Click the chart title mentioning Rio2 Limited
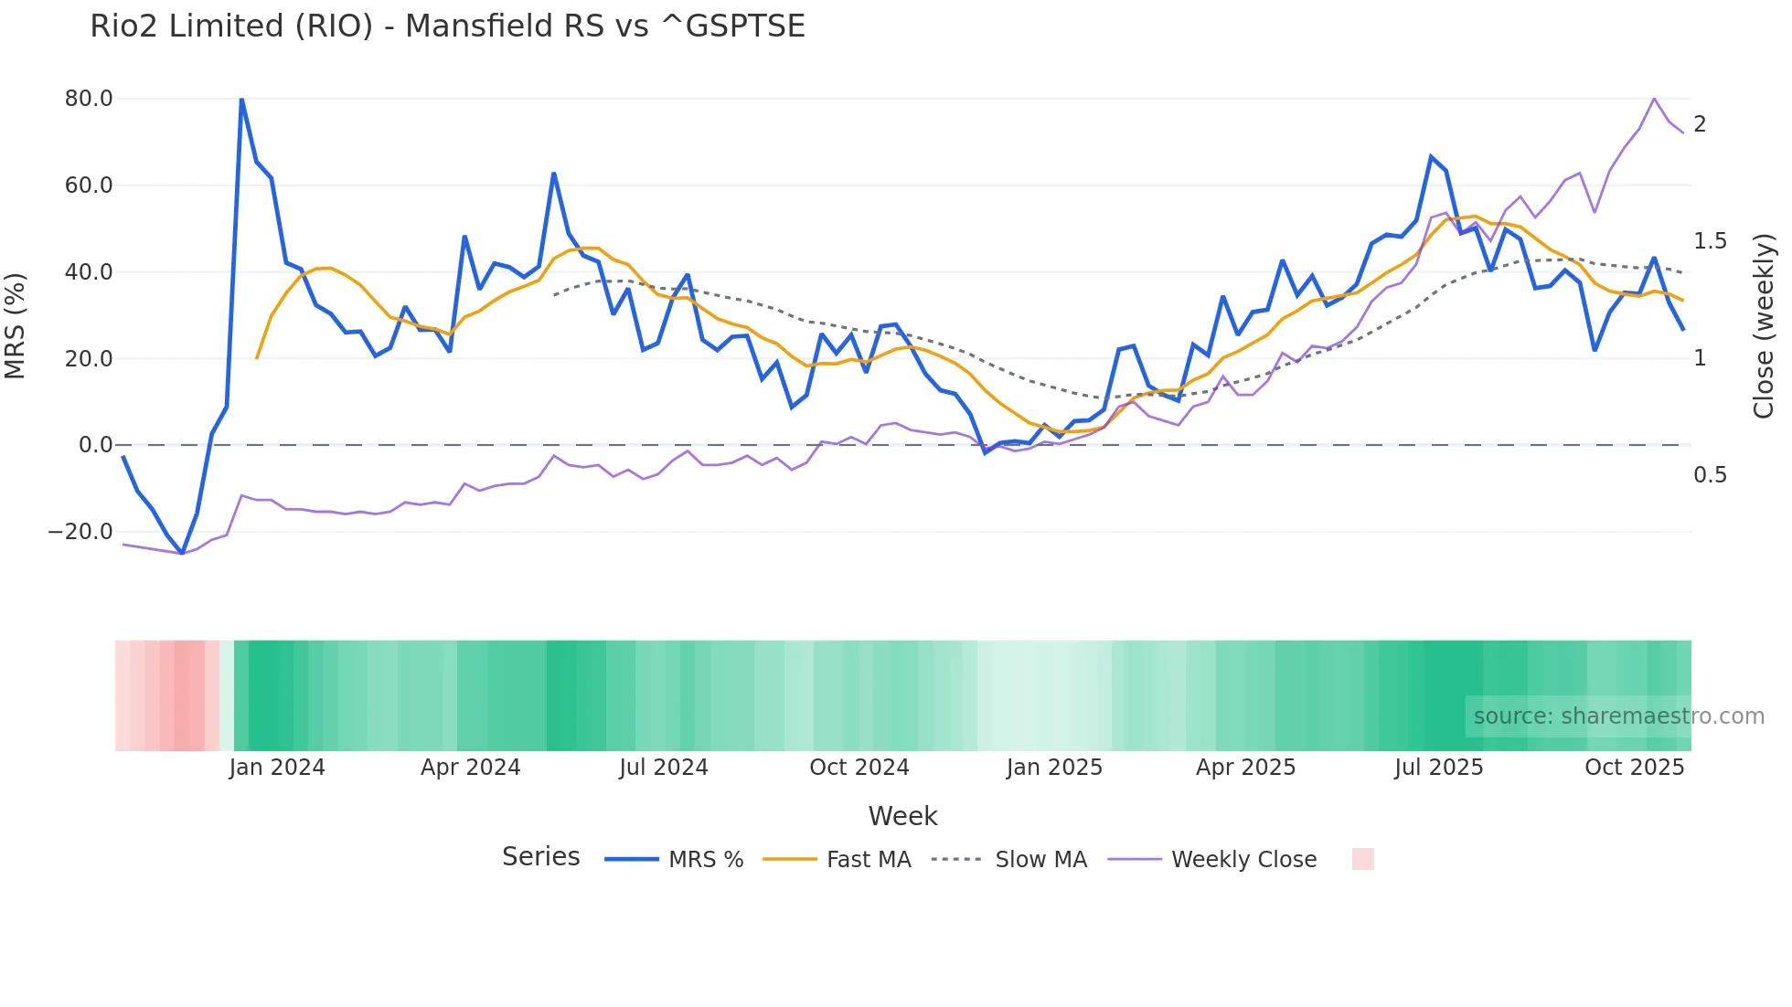point(447,26)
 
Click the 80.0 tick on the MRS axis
point(89,99)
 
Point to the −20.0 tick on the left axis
point(81,532)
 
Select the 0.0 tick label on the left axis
point(95,445)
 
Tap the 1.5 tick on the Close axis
point(1710,241)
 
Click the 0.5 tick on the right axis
point(1710,475)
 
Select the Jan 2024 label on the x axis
point(277,768)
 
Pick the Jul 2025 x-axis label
point(1438,768)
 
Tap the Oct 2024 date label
point(859,768)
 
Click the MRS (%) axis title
point(16,326)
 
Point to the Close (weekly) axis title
point(1764,326)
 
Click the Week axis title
point(902,816)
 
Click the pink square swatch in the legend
point(1362,859)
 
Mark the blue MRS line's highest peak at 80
point(241,99)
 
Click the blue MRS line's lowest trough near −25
point(182,553)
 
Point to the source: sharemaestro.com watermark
point(1618,716)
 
